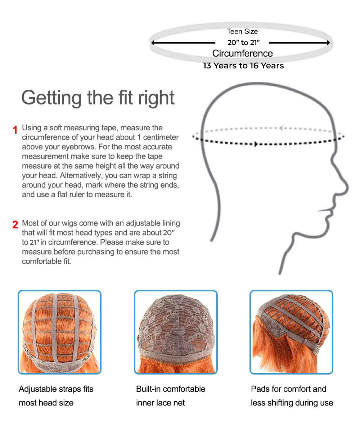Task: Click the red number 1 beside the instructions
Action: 15,130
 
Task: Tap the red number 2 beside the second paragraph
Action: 15,225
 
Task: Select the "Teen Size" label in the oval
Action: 242,32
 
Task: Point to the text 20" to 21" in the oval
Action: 243,42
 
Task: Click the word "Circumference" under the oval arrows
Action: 242,53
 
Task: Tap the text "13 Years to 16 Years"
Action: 243,66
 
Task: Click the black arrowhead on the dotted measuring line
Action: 256,144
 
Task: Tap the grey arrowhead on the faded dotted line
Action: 281,128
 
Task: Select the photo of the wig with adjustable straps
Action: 59,332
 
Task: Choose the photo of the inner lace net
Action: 176,332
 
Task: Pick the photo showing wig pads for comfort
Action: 292,332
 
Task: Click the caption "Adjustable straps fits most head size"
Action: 56,396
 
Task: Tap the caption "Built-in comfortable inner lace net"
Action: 171,396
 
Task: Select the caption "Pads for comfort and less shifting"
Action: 292,396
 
